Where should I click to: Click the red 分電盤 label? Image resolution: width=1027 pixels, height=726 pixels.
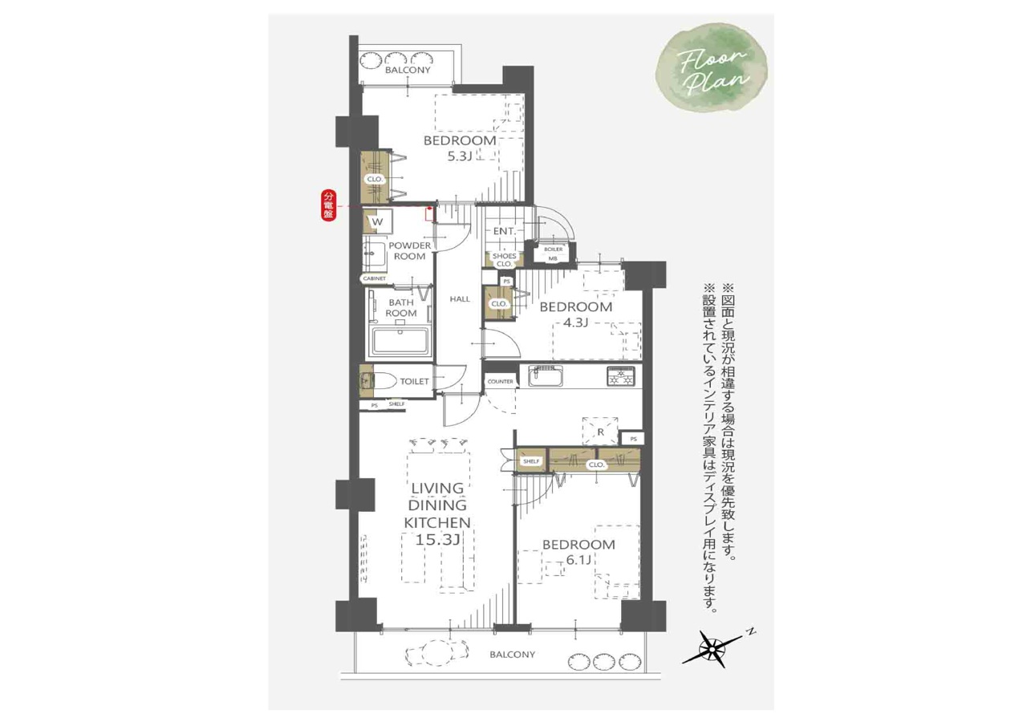click(x=328, y=206)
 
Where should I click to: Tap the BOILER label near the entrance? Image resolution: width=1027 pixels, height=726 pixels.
click(x=554, y=249)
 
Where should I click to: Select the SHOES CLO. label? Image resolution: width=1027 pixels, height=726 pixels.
click(x=505, y=260)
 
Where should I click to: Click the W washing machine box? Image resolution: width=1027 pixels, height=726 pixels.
click(x=378, y=222)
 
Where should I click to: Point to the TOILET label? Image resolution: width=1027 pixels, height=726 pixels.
click(x=414, y=381)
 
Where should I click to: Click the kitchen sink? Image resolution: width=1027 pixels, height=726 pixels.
click(x=546, y=376)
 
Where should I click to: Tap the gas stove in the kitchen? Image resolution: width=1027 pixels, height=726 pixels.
click(x=621, y=376)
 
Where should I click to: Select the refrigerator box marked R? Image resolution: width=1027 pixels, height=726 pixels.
click(x=600, y=432)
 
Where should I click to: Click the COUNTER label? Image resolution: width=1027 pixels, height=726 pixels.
click(x=500, y=381)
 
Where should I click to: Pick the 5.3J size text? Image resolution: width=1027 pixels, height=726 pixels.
click(x=460, y=156)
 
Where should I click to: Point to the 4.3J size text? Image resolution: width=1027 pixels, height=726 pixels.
click(x=575, y=322)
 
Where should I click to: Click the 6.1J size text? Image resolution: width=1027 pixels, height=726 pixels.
click(x=578, y=560)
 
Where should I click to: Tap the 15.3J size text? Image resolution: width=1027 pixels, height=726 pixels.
click(x=437, y=540)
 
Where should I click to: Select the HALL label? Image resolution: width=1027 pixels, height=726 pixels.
click(x=460, y=299)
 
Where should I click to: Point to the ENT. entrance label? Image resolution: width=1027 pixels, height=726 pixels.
click(x=505, y=232)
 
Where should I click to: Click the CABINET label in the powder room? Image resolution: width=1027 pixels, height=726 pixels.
click(x=374, y=278)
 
